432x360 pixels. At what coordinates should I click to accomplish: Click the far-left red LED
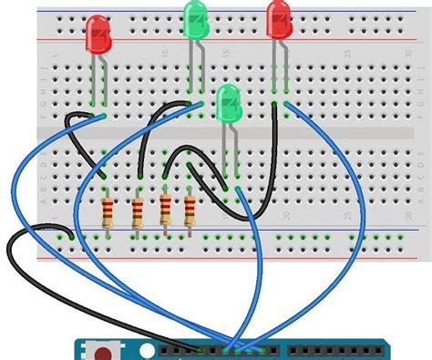[98, 36]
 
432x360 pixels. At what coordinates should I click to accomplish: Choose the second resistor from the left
[138, 214]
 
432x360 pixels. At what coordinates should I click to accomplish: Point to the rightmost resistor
[190, 211]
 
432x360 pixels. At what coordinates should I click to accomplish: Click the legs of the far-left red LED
[98, 82]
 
